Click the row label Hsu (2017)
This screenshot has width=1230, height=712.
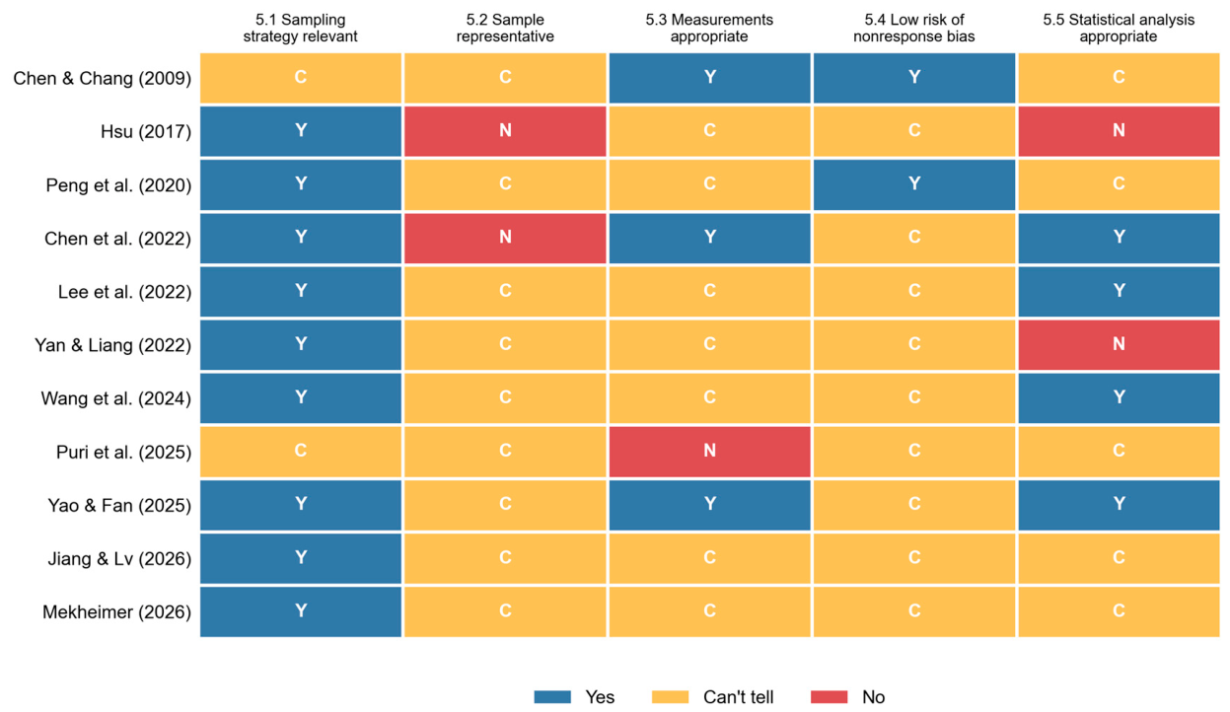[x=146, y=132]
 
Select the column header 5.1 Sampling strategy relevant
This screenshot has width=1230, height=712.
[x=301, y=28]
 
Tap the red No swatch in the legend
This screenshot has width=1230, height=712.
[x=830, y=696]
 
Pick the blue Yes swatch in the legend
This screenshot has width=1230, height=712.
[x=552, y=696]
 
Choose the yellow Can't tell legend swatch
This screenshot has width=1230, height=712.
[x=670, y=696]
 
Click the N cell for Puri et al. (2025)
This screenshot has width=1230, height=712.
[x=709, y=452]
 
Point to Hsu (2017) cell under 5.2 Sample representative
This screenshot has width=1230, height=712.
[x=505, y=130]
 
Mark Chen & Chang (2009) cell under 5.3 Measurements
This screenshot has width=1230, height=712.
[x=709, y=77]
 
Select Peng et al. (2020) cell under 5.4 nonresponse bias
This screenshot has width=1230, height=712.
[x=914, y=184]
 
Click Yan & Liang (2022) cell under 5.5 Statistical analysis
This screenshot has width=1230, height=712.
[x=1120, y=344]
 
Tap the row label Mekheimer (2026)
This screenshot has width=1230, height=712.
[x=117, y=611]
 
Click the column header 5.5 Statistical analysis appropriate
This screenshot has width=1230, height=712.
[x=1119, y=28]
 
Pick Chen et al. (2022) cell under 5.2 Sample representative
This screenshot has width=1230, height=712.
[x=505, y=238]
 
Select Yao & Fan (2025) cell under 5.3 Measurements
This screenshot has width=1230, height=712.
[x=709, y=505]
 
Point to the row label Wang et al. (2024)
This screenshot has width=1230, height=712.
[x=115, y=398]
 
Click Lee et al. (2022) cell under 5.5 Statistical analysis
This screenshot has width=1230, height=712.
[x=1120, y=291]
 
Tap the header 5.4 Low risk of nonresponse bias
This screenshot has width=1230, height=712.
[x=914, y=28]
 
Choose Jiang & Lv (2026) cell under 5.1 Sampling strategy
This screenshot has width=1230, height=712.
[x=301, y=558]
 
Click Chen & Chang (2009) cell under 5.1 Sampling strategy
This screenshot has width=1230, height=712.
[x=301, y=77]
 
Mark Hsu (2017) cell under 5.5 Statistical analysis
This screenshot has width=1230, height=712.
[x=1120, y=130]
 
